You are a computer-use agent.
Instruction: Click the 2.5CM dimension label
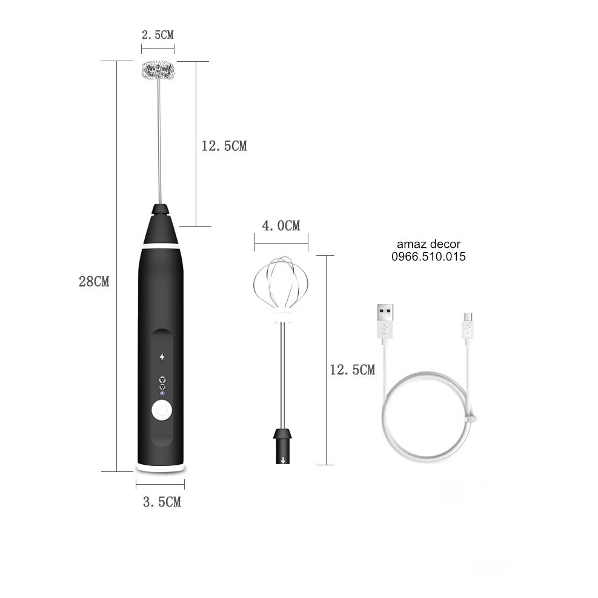point(158,35)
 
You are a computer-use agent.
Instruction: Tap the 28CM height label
point(94,282)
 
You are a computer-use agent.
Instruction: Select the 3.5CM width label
point(162,502)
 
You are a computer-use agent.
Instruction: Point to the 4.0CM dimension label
point(281,226)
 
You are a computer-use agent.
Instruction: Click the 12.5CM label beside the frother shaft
point(224,146)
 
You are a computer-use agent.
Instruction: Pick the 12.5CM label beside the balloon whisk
point(353,370)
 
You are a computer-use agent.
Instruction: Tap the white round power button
point(162,411)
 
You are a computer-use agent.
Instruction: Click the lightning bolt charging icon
point(162,357)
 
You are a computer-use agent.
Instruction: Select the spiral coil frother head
point(158,70)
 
